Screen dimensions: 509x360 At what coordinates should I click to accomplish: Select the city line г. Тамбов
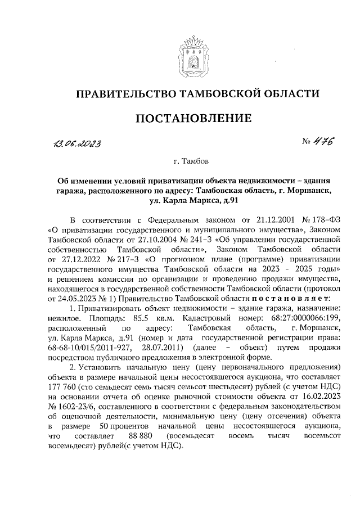click(x=192, y=162)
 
